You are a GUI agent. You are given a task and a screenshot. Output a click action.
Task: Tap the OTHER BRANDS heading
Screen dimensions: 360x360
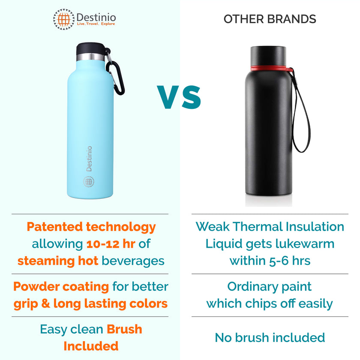coord(270,19)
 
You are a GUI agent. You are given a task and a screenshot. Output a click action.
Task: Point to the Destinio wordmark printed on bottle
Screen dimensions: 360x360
coord(89,159)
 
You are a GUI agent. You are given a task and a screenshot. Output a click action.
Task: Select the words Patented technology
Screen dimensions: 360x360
coord(91,227)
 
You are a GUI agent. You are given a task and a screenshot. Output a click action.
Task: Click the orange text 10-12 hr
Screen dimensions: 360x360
coord(111,244)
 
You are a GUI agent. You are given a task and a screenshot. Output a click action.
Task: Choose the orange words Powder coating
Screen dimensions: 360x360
coord(61,286)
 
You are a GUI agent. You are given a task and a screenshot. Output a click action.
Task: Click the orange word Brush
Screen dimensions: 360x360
coord(124,329)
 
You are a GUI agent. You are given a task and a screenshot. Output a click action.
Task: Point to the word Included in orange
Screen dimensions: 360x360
coord(91,345)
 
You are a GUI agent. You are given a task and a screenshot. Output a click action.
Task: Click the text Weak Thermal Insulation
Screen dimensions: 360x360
coord(270,227)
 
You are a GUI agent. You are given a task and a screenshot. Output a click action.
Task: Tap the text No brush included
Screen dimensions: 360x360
coord(270,337)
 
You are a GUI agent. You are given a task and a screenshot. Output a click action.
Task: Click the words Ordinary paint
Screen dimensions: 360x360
coord(270,286)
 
